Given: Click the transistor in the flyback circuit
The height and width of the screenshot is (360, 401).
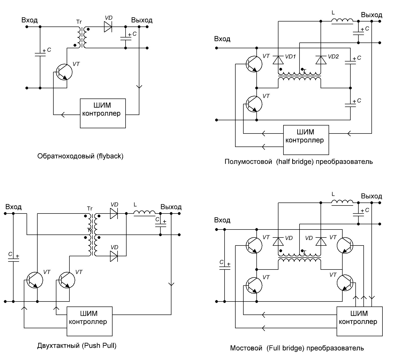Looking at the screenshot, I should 64,72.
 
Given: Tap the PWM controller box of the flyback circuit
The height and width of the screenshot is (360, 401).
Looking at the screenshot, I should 103,113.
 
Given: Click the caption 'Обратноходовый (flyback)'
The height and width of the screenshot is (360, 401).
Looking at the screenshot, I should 80,156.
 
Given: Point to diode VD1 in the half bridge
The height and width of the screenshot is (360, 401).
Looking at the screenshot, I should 278,60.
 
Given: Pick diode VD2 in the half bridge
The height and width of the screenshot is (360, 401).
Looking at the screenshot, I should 321,60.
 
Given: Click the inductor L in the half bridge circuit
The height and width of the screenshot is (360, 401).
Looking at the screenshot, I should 342,21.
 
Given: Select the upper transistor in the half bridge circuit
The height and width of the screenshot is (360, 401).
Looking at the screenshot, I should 254,64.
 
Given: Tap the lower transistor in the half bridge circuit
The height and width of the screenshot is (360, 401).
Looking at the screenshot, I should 254,104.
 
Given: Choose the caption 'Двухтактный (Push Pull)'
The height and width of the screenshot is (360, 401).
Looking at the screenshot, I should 77,346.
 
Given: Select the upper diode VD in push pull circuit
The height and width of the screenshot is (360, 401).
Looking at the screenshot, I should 114,213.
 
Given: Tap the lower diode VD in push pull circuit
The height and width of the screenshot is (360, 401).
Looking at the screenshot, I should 114,256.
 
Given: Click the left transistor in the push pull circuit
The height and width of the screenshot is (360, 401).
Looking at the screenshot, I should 35,280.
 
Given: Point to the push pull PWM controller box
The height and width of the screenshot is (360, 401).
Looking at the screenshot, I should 89,321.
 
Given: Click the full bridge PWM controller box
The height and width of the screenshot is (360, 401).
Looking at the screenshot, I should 359,321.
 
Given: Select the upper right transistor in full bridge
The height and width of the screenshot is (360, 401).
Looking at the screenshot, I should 345,245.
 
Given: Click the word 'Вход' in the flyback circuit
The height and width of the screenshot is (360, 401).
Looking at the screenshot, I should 30,20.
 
